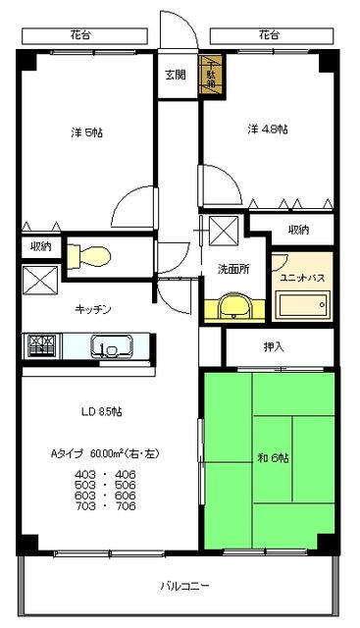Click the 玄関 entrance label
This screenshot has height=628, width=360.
(x=176, y=75)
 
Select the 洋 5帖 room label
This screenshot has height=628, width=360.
(x=84, y=133)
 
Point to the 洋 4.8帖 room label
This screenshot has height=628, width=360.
(x=262, y=129)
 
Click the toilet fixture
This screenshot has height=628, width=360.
(x=92, y=255)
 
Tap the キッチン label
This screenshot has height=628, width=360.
(x=93, y=309)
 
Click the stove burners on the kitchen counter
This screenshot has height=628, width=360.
(x=41, y=345)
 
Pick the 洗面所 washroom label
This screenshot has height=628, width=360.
(x=232, y=269)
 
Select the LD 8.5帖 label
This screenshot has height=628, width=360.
(x=101, y=410)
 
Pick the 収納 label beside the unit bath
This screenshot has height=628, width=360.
(x=299, y=230)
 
